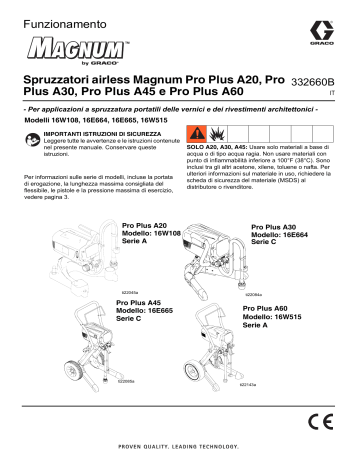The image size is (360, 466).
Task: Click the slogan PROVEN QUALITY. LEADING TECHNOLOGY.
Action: coord(180,450)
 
